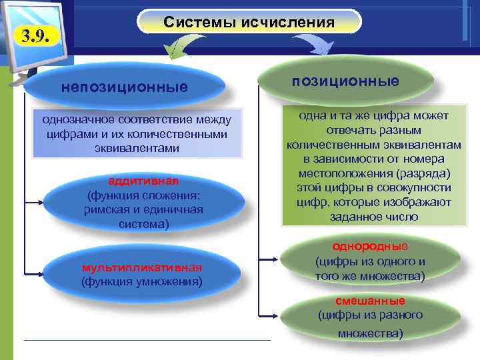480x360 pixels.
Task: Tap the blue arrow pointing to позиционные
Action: [x=314, y=45]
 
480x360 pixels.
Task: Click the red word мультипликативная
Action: [x=141, y=267]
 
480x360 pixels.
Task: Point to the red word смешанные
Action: [x=370, y=301]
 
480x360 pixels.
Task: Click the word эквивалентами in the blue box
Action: [x=137, y=148]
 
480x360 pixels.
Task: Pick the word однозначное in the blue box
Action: [x=73, y=120]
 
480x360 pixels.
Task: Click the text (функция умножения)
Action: [x=141, y=281]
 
